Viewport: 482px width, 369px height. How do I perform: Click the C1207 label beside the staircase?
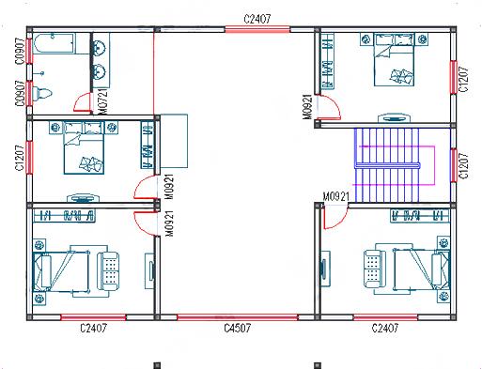click(x=462, y=165)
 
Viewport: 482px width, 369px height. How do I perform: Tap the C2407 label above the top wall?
click(x=257, y=18)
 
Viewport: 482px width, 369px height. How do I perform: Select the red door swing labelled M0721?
click(x=83, y=103)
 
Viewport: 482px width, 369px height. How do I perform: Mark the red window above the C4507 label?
click(x=238, y=315)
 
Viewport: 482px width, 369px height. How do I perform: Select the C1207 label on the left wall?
click(x=20, y=157)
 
